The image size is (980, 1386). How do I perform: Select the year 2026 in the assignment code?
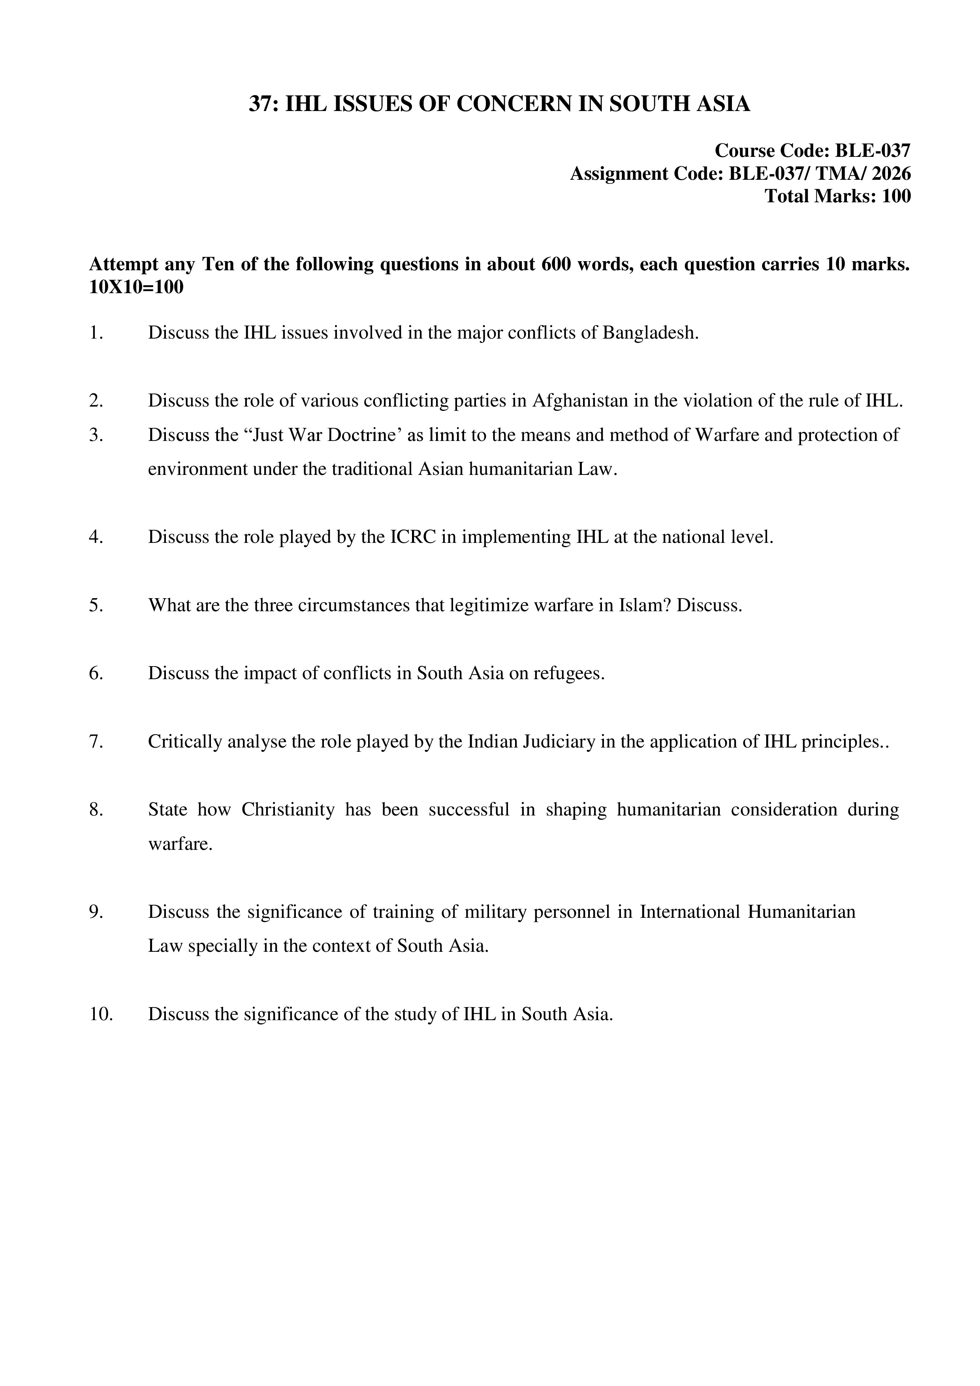coord(891,174)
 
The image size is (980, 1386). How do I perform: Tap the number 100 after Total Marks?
coord(896,196)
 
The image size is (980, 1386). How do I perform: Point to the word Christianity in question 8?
coord(288,810)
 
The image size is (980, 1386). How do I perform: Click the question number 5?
coord(96,605)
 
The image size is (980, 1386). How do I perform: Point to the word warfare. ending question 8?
coord(180,844)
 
